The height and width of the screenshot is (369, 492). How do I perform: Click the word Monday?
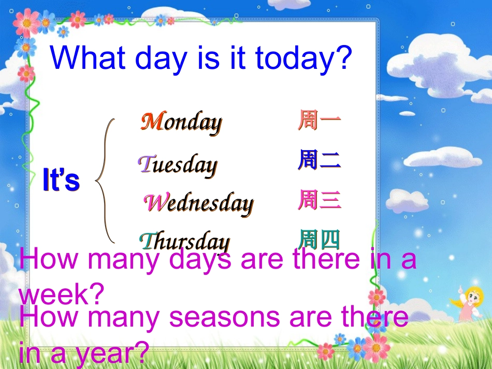(181, 123)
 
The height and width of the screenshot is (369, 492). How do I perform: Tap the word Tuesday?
(177, 165)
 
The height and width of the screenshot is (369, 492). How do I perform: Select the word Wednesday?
(198, 203)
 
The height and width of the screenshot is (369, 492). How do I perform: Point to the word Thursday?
(184, 241)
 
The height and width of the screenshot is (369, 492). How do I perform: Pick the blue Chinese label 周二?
(319, 160)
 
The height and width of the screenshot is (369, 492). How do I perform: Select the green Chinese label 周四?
(319, 239)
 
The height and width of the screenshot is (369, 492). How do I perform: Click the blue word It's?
(61, 181)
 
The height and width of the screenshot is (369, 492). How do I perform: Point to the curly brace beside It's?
(106, 181)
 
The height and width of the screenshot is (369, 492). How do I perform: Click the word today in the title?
(300, 58)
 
